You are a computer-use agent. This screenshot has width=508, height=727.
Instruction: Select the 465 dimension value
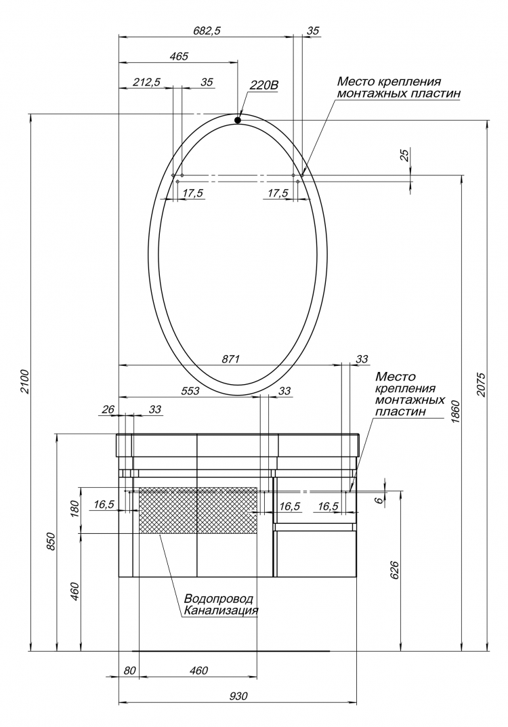(x=179, y=56)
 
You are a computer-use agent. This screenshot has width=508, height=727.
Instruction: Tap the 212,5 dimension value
(x=146, y=82)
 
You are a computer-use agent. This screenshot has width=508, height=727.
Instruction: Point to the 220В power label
(x=263, y=85)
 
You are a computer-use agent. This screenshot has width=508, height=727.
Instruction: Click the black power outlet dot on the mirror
(x=238, y=120)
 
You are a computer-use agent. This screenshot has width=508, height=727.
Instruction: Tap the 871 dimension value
(x=230, y=359)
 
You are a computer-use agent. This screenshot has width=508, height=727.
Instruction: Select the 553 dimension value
(x=190, y=391)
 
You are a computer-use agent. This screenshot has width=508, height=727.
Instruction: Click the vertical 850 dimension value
(x=51, y=541)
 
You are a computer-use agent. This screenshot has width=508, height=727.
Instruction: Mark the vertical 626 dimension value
(x=394, y=570)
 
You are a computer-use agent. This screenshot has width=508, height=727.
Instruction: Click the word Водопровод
(x=219, y=598)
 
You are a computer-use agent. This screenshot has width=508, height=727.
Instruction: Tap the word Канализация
(x=221, y=610)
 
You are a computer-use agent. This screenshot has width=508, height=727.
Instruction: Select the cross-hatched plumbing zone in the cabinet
(x=198, y=510)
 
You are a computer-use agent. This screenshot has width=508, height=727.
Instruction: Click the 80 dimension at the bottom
(x=130, y=671)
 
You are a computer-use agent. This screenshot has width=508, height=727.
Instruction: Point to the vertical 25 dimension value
(x=405, y=156)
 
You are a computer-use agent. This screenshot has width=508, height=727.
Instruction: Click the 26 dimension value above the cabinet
(x=108, y=409)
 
